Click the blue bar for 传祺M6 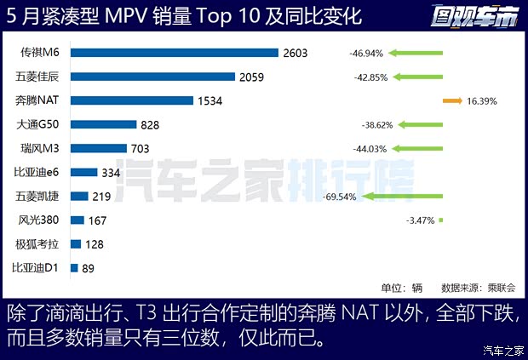click(175, 53)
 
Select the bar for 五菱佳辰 click(152, 77)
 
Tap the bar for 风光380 click(77, 220)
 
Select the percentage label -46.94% click(366, 53)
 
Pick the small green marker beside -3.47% click(441, 220)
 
